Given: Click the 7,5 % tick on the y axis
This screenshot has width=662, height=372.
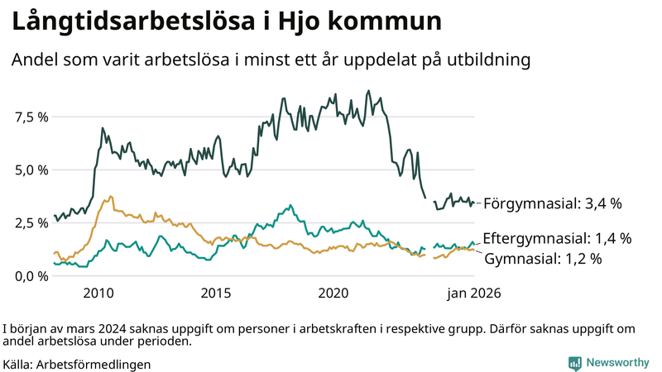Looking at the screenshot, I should [31, 117].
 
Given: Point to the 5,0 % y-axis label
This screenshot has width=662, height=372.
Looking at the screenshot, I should [31, 169].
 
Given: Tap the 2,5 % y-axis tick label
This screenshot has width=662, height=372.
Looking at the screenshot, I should [31, 222].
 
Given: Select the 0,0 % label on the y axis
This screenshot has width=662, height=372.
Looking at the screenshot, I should [31, 275].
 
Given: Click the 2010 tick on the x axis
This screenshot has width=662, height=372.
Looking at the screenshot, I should [98, 293].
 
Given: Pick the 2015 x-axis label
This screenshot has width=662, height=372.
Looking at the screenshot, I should [216, 293].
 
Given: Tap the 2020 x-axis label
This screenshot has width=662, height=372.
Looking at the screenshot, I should [334, 293].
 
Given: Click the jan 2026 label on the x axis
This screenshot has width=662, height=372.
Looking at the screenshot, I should [474, 293].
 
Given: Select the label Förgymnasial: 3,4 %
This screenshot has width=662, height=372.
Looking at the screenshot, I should [552, 203].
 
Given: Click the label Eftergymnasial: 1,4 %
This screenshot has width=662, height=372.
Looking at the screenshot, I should [557, 238].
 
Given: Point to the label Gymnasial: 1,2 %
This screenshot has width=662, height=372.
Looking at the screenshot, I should [542, 259].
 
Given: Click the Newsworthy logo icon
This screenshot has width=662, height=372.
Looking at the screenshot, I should [574, 363].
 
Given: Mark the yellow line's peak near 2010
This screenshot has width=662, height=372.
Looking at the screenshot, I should [110, 197].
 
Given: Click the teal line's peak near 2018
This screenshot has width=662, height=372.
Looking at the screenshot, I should [289, 204].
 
